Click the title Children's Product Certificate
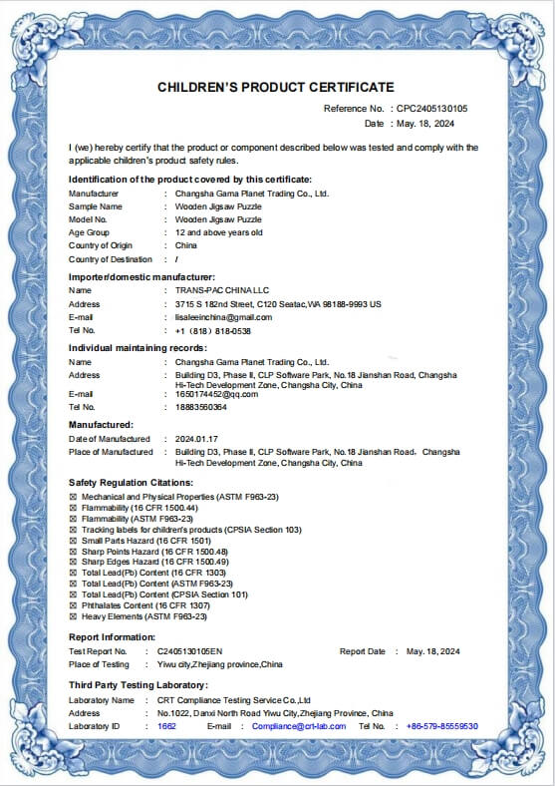[x=276, y=88]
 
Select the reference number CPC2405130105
[x=432, y=108]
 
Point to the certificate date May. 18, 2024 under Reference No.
[x=424, y=124]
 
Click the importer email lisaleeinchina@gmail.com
[x=223, y=317]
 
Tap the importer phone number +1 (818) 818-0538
[x=212, y=330]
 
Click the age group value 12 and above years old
[x=218, y=232]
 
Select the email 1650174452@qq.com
[x=216, y=394]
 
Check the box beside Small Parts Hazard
[x=73, y=541]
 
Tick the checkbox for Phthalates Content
[x=73, y=605]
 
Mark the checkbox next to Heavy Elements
[x=73, y=616]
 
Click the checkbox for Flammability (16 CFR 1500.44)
[x=73, y=508]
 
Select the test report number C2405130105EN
[x=190, y=651]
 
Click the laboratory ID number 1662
[x=166, y=726]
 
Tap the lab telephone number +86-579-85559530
[x=442, y=726]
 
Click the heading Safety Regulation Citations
[x=131, y=483]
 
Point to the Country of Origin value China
[x=186, y=245]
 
